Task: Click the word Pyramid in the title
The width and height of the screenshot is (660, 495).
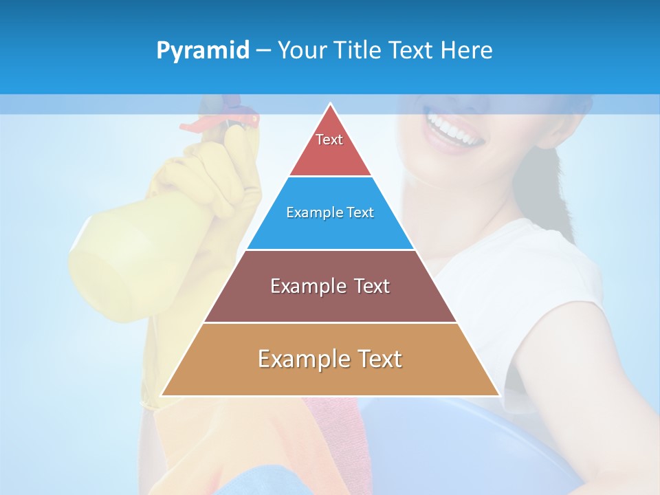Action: point(203,51)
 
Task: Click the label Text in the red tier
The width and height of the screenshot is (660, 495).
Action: point(329,140)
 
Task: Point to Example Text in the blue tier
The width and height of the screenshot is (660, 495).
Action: point(330,212)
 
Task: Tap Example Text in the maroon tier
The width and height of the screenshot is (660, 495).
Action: point(330,286)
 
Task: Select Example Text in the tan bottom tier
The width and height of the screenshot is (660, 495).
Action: point(330,359)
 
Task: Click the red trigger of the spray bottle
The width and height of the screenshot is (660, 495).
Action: point(199,125)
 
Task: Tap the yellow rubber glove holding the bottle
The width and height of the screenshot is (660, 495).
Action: point(206,179)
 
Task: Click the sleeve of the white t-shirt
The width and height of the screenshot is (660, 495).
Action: point(550,289)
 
